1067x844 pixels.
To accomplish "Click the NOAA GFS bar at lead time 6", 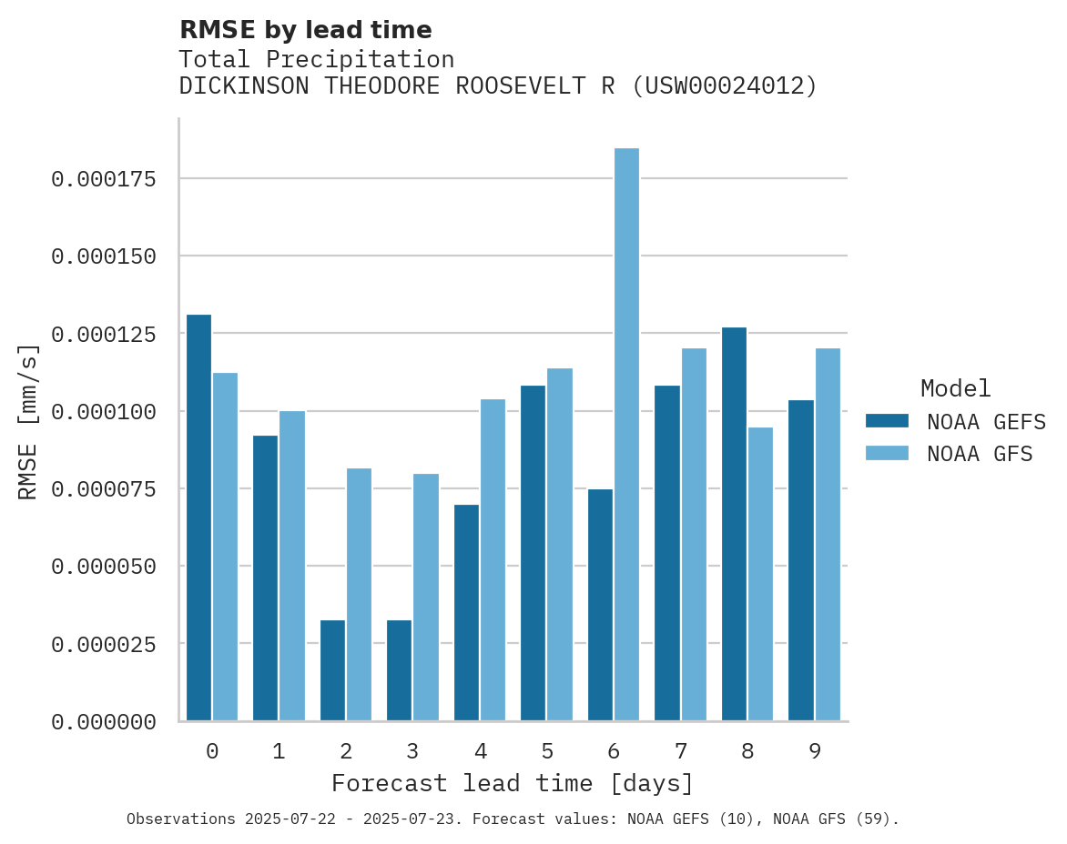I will (x=626, y=435).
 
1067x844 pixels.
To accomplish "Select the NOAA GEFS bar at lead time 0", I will (x=198, y=517).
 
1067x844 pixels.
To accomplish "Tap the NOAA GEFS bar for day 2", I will (x=332, y=670).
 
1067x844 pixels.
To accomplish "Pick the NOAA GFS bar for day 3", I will (x=426, y=597).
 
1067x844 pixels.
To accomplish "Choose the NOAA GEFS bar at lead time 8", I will (x=734, y=524).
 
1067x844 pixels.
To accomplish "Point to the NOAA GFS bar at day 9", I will (x=828, y=535).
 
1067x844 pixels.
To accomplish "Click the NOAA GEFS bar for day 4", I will (x=466, y=612).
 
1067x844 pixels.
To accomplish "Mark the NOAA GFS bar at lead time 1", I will (x=292, y=566).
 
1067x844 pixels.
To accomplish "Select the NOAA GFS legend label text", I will (x=980, y=454).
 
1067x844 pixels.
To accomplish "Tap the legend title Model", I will (x=955, y=389).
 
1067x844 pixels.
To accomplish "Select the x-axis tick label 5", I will (x=546, y=751).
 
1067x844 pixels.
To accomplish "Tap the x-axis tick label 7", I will (x=680, y=751).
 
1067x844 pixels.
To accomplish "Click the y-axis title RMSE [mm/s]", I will (x=28, y=421).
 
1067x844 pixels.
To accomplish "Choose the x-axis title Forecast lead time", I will (x=513, y=783).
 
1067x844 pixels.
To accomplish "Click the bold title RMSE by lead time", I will (x=305, y=30).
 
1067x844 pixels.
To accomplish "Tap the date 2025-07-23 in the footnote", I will (x=412, y=819).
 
